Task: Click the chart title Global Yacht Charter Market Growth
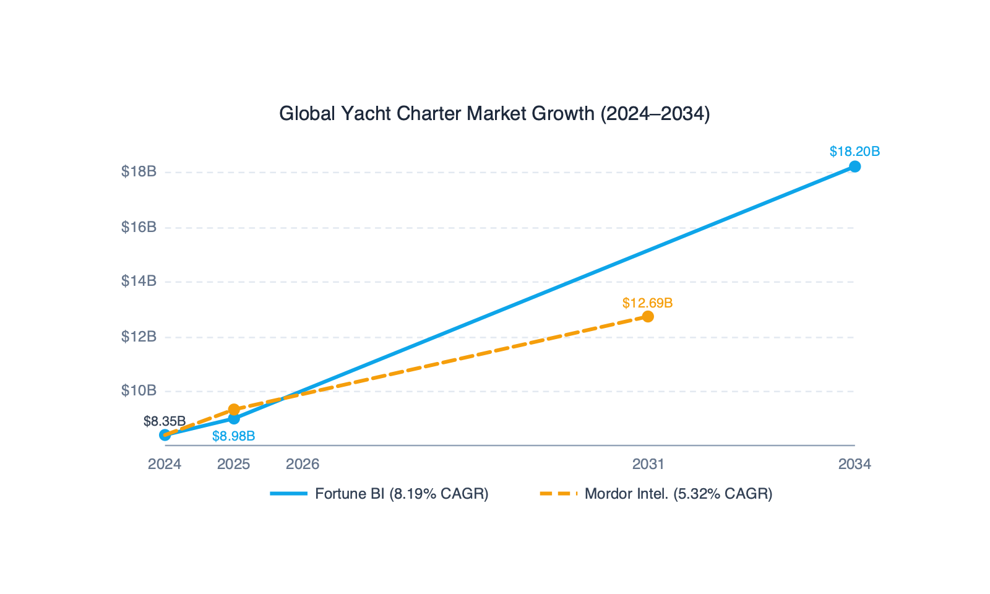point(494,114)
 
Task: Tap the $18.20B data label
point(854,152)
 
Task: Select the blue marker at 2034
point(854,166)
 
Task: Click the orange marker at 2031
point(648,317)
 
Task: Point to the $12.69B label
point(647,303)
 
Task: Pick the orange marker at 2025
point(234,410)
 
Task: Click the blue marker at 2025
point(234,419)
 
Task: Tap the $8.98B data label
point(233,436)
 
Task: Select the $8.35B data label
point(165,421)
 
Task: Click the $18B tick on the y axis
point(139,171)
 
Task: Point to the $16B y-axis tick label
point(139,227)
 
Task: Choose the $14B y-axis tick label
point(139,281)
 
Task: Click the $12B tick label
point(139,337)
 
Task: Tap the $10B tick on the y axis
point(139,390)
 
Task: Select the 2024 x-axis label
point(165,464)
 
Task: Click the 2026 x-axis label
point(303,464)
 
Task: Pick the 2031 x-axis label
point(648,464)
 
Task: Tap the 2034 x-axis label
point(854,464)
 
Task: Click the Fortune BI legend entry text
point(402,494)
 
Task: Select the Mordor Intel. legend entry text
point(678,494)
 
